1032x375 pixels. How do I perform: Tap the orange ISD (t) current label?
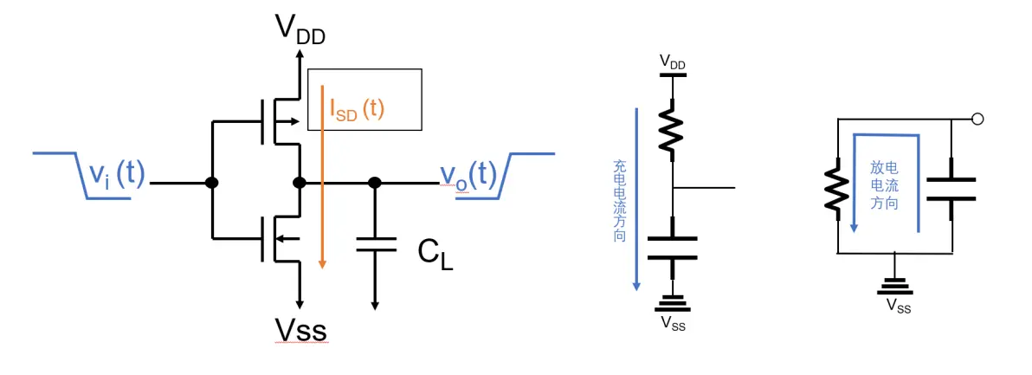click(357, 108)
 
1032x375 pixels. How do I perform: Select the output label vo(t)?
click(468, 176)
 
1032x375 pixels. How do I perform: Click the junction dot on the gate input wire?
click(210, 184)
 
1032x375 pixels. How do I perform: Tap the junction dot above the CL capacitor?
click(375, 184)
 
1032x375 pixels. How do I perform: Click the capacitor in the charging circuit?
click(673, 247)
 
